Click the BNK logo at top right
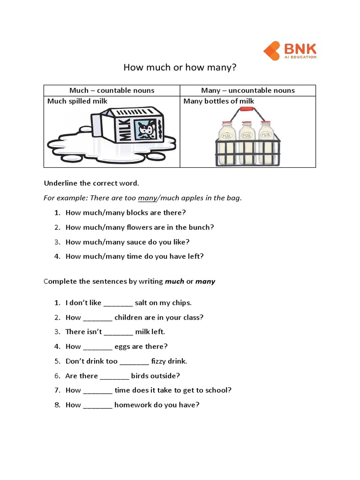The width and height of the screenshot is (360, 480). point(290,51)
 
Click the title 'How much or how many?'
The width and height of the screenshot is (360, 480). point(180,67)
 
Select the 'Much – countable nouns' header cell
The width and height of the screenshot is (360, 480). point(112,90)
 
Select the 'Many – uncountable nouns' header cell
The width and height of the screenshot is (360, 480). point(247,90)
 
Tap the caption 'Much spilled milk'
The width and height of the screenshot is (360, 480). point(77,101)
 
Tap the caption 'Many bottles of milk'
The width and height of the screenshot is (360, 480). point(218,101)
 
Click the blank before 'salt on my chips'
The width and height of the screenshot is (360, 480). point(118,303)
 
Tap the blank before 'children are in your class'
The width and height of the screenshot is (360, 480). point(97,317)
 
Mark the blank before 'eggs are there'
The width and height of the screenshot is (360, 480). point(97,346)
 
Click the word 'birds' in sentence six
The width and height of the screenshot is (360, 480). point(141,376)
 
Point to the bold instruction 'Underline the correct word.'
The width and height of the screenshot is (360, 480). point(91,183)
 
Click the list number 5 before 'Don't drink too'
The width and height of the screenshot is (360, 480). point(57,361)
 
